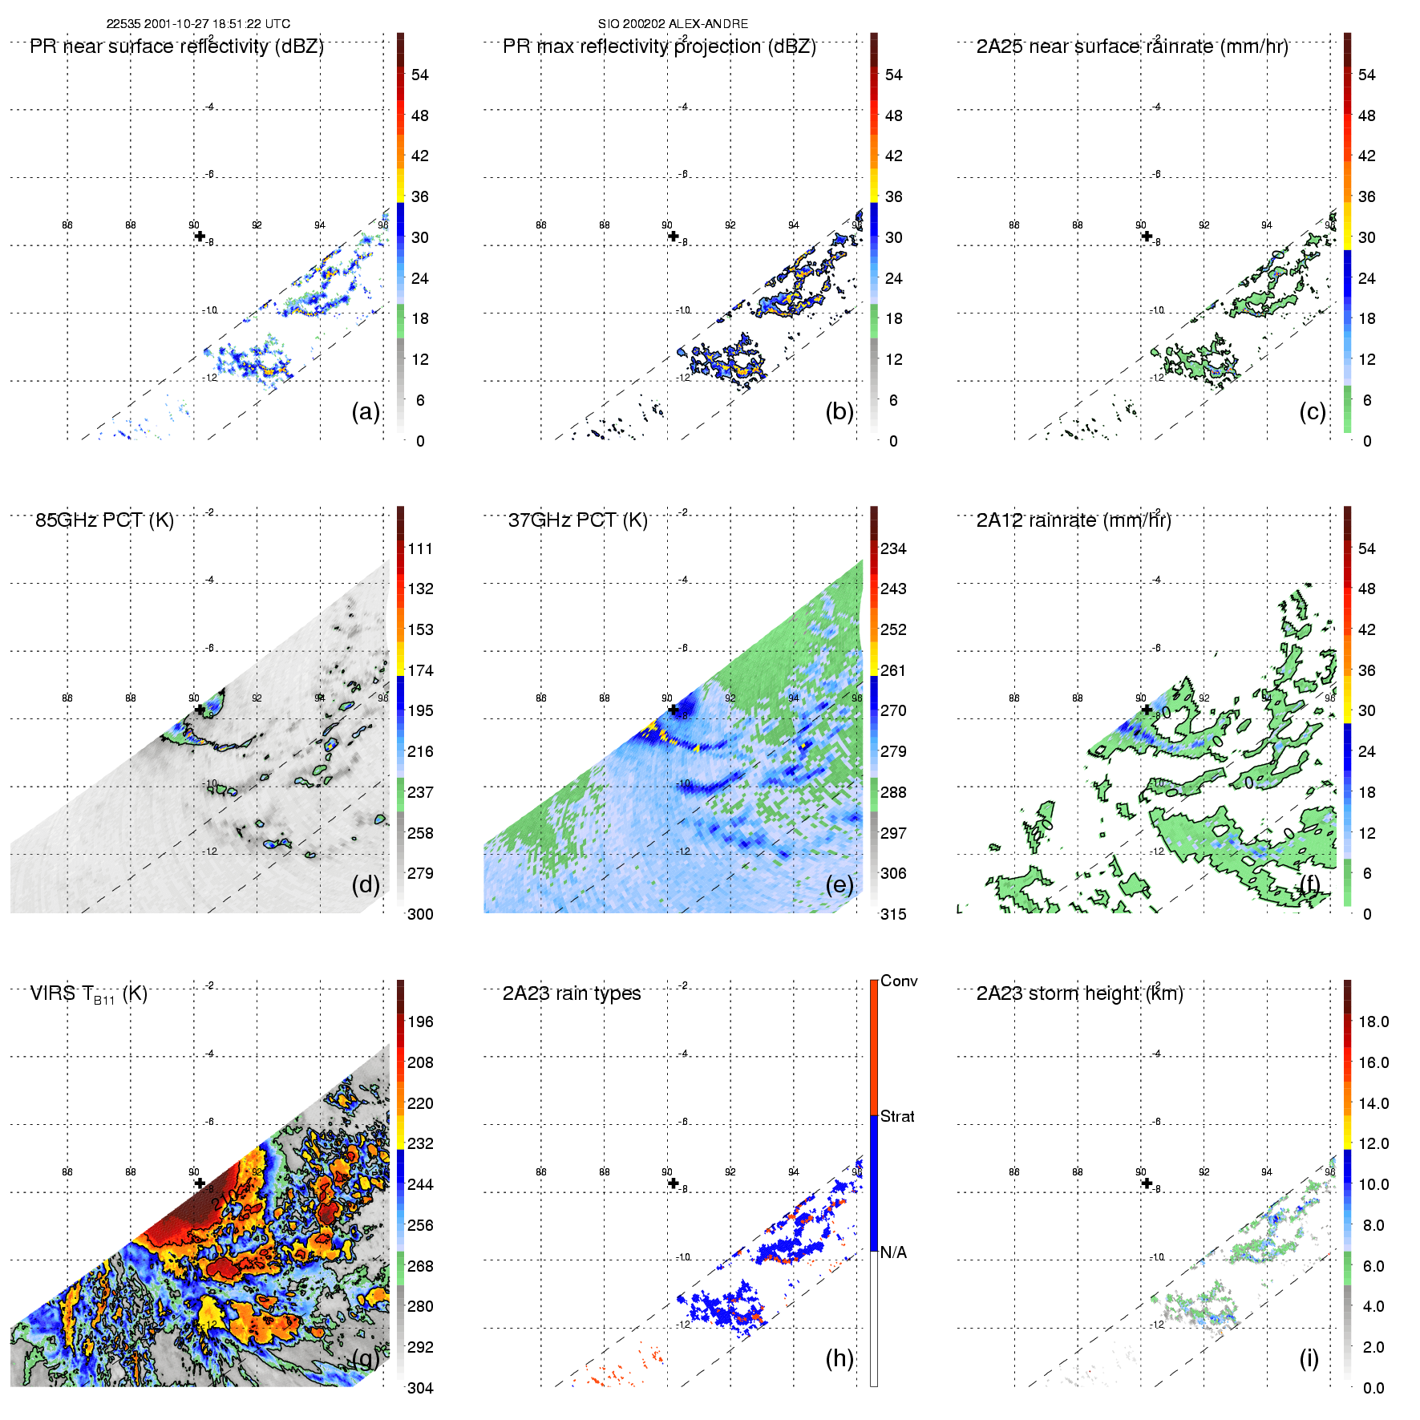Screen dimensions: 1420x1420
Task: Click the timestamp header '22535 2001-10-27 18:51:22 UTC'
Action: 198,24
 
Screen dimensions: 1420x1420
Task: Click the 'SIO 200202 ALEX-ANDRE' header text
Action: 673,24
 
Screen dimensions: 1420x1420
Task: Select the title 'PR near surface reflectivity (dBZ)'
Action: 176,47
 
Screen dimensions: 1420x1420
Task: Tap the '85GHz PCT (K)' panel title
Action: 104,520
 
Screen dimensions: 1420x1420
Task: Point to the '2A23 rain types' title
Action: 572,993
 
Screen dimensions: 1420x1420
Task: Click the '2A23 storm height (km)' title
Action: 1079,993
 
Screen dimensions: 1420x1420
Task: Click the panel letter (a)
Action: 366,411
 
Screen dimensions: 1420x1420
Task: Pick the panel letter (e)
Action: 839,884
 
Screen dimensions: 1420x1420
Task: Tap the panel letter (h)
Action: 839,1357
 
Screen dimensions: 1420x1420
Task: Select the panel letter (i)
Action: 1309,1357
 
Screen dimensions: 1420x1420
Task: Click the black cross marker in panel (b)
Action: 674,236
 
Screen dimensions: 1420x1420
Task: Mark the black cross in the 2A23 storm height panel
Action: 1147,1183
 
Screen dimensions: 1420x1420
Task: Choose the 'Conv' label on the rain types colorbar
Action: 899,981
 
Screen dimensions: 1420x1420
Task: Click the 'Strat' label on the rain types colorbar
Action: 897,1116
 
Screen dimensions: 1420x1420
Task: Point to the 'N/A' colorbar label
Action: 893,1252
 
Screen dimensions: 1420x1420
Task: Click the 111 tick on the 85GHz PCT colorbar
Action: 420,548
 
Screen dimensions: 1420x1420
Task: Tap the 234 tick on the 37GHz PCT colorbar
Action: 893,548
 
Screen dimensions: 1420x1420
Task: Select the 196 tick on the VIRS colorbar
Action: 420,1022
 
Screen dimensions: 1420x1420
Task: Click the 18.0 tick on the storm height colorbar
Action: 1373,1022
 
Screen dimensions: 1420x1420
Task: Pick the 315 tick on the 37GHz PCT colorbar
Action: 893,914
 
